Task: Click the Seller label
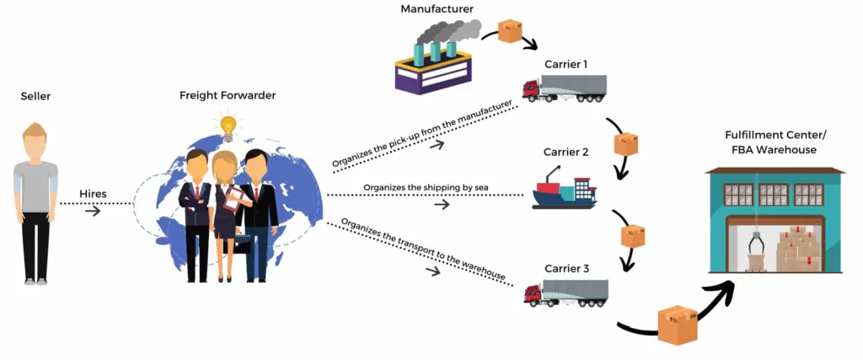[35, 97]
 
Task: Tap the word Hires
[93, 192]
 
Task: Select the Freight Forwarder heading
[228, 95]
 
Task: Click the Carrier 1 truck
[564, 88]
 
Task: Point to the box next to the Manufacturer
[510, 31]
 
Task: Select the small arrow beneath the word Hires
[93, 211]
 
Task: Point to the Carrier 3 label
[565, 269]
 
